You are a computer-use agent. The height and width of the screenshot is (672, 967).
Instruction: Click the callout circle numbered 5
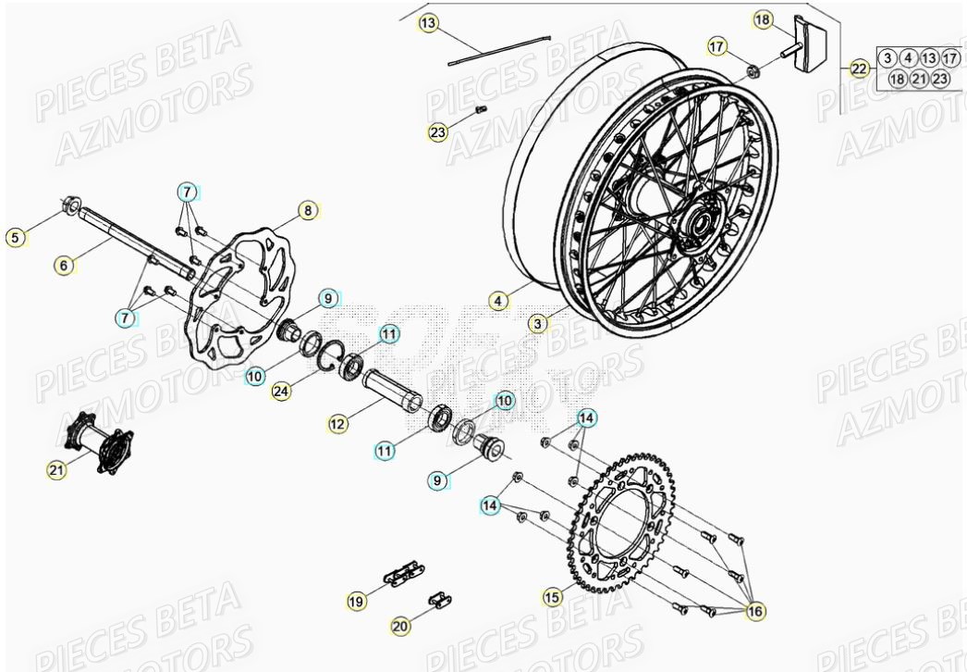(14, 238)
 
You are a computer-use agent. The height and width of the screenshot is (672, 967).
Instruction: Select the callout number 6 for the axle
(64, 266)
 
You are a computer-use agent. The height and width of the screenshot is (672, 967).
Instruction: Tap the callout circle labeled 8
(307, 210)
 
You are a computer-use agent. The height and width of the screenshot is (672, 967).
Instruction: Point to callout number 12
(338, 423)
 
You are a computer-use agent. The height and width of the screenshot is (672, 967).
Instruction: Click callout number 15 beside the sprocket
(552, 598)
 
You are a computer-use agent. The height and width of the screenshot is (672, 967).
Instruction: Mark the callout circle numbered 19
(356, 601)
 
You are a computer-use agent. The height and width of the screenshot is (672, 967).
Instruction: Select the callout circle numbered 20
(399, 627)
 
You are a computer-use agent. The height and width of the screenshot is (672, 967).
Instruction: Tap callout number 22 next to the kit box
(859, 68)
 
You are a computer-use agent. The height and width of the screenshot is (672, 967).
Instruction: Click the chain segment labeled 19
(399, 576)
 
